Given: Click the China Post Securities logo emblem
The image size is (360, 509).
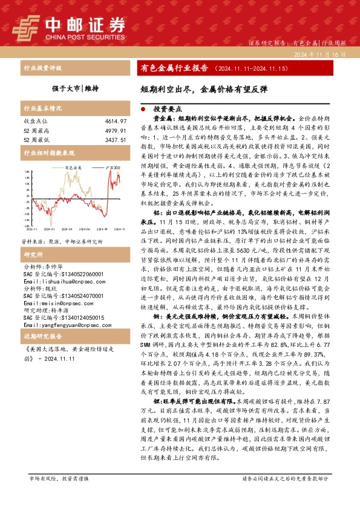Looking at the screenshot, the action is click(27, 27).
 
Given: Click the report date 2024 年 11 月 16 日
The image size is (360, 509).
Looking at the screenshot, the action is click(319, 54).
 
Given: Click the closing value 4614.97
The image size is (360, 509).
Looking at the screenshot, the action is click(115, 122).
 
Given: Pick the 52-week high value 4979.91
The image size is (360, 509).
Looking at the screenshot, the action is click(115, 131).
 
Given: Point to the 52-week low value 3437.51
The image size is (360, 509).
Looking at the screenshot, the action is click(115, 139).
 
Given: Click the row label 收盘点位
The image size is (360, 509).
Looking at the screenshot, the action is click(33, 122).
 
